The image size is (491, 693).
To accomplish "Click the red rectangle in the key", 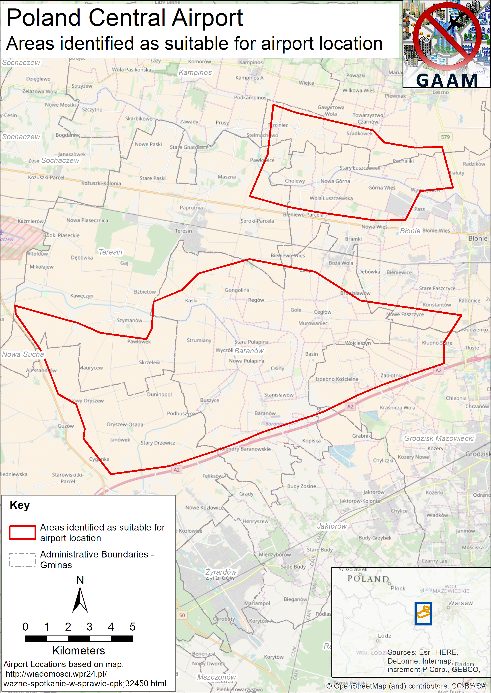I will pos(22,533).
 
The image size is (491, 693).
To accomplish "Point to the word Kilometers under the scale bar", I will pos(79,650).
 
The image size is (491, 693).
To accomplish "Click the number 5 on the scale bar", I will pos(132,627).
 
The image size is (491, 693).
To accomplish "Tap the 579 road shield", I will pos(445,137).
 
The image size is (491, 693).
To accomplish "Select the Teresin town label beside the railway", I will pos(183,231).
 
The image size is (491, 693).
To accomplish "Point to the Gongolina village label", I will pos(237,290).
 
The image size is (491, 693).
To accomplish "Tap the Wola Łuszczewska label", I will pos(331,198).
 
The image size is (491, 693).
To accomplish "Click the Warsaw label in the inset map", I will pos(460,603).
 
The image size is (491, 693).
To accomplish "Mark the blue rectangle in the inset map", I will pos(423,613).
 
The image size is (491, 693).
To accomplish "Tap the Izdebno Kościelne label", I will pos(337,379).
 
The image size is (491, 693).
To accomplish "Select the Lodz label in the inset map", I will pos(385,636).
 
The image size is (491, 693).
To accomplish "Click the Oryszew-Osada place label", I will pos(125,424).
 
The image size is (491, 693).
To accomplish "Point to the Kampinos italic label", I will pos(195,73).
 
